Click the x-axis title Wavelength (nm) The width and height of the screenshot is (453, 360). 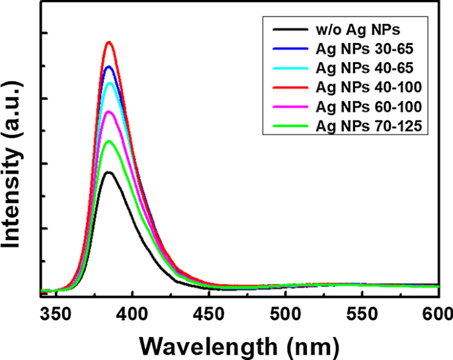tap(240, 345)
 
